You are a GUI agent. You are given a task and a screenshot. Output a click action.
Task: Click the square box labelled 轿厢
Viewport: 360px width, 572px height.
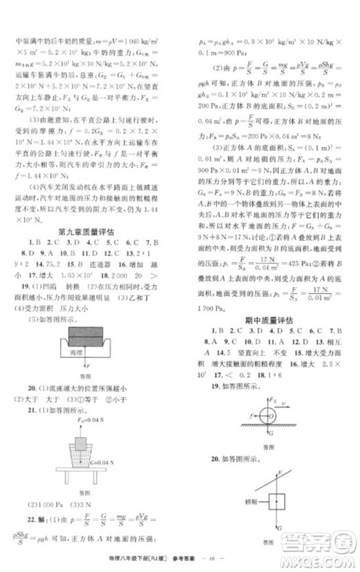(276, 499)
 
